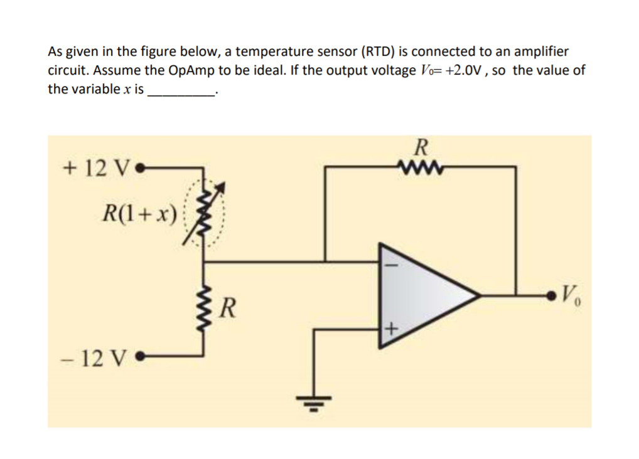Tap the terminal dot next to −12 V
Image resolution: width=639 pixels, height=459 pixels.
(141, 360)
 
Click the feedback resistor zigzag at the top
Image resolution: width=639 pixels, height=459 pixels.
(420, 167)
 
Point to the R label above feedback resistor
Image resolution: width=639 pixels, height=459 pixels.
(421, 148)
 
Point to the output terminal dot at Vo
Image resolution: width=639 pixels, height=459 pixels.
(551, 293)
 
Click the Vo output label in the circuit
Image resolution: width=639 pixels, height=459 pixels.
(572, 293)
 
